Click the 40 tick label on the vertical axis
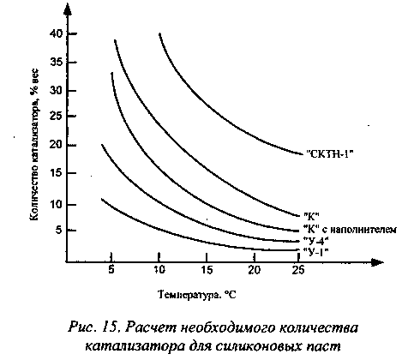pos(56,34)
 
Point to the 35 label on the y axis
pos(56,62)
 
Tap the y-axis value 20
pos(56,145)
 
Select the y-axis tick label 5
pos(59,230)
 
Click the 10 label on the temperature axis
pos(159,270)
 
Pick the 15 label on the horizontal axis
pos(207,270)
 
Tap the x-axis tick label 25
pos(298,270)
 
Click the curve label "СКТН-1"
pos(330,154)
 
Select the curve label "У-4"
pos(316,240)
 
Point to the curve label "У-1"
pos(315,252)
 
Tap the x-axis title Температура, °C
pos(197,295)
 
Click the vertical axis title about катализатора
pos(34,144)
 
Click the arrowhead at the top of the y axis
pos(67,9)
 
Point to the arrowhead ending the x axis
pos(377,261)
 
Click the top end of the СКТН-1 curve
pos(159,33)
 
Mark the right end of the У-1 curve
pos(297,250)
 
